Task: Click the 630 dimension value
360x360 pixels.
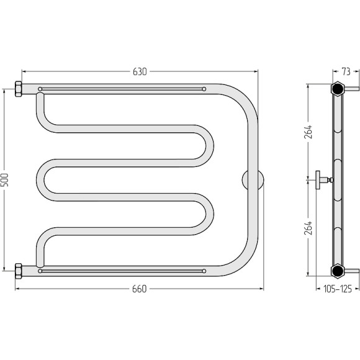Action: (x=140, y=72)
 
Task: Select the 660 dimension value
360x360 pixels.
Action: (x=140, y=289)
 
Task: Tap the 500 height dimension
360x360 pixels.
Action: (x=4, y=180)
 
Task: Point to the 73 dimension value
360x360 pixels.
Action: (x=346, y=71)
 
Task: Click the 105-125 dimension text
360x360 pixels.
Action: (x=338, y=289)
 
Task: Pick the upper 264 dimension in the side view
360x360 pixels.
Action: (x=308, y=132)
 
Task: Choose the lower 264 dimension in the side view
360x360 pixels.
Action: (x=308, y=228)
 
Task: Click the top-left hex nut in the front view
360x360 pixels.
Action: (x=19, y=89)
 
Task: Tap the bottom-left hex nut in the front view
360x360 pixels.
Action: (x=19, y=271)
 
